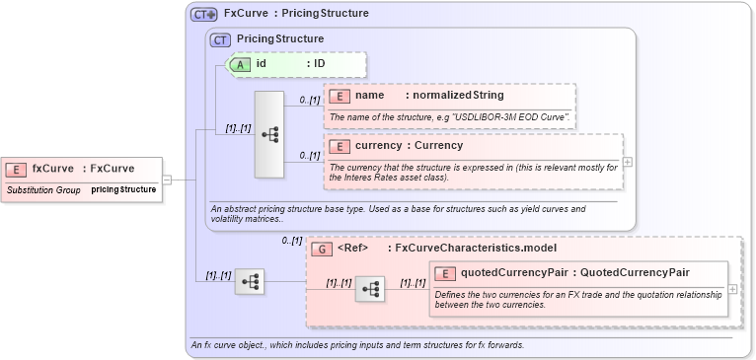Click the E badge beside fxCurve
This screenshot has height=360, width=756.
18,169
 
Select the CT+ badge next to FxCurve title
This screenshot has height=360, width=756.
204,14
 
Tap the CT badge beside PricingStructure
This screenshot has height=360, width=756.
221,39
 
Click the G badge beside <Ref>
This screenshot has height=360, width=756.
322,249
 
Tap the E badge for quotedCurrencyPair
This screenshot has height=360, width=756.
446,273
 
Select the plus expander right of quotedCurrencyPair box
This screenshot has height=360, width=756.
732,289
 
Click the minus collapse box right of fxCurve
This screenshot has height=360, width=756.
167,180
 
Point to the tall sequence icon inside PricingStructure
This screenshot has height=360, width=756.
269,134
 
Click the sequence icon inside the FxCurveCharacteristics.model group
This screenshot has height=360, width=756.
370,288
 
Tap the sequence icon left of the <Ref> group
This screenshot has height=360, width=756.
250,282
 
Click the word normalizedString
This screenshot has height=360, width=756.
458,96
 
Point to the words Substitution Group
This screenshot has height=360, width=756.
43,188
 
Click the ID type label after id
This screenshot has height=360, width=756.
320,64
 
